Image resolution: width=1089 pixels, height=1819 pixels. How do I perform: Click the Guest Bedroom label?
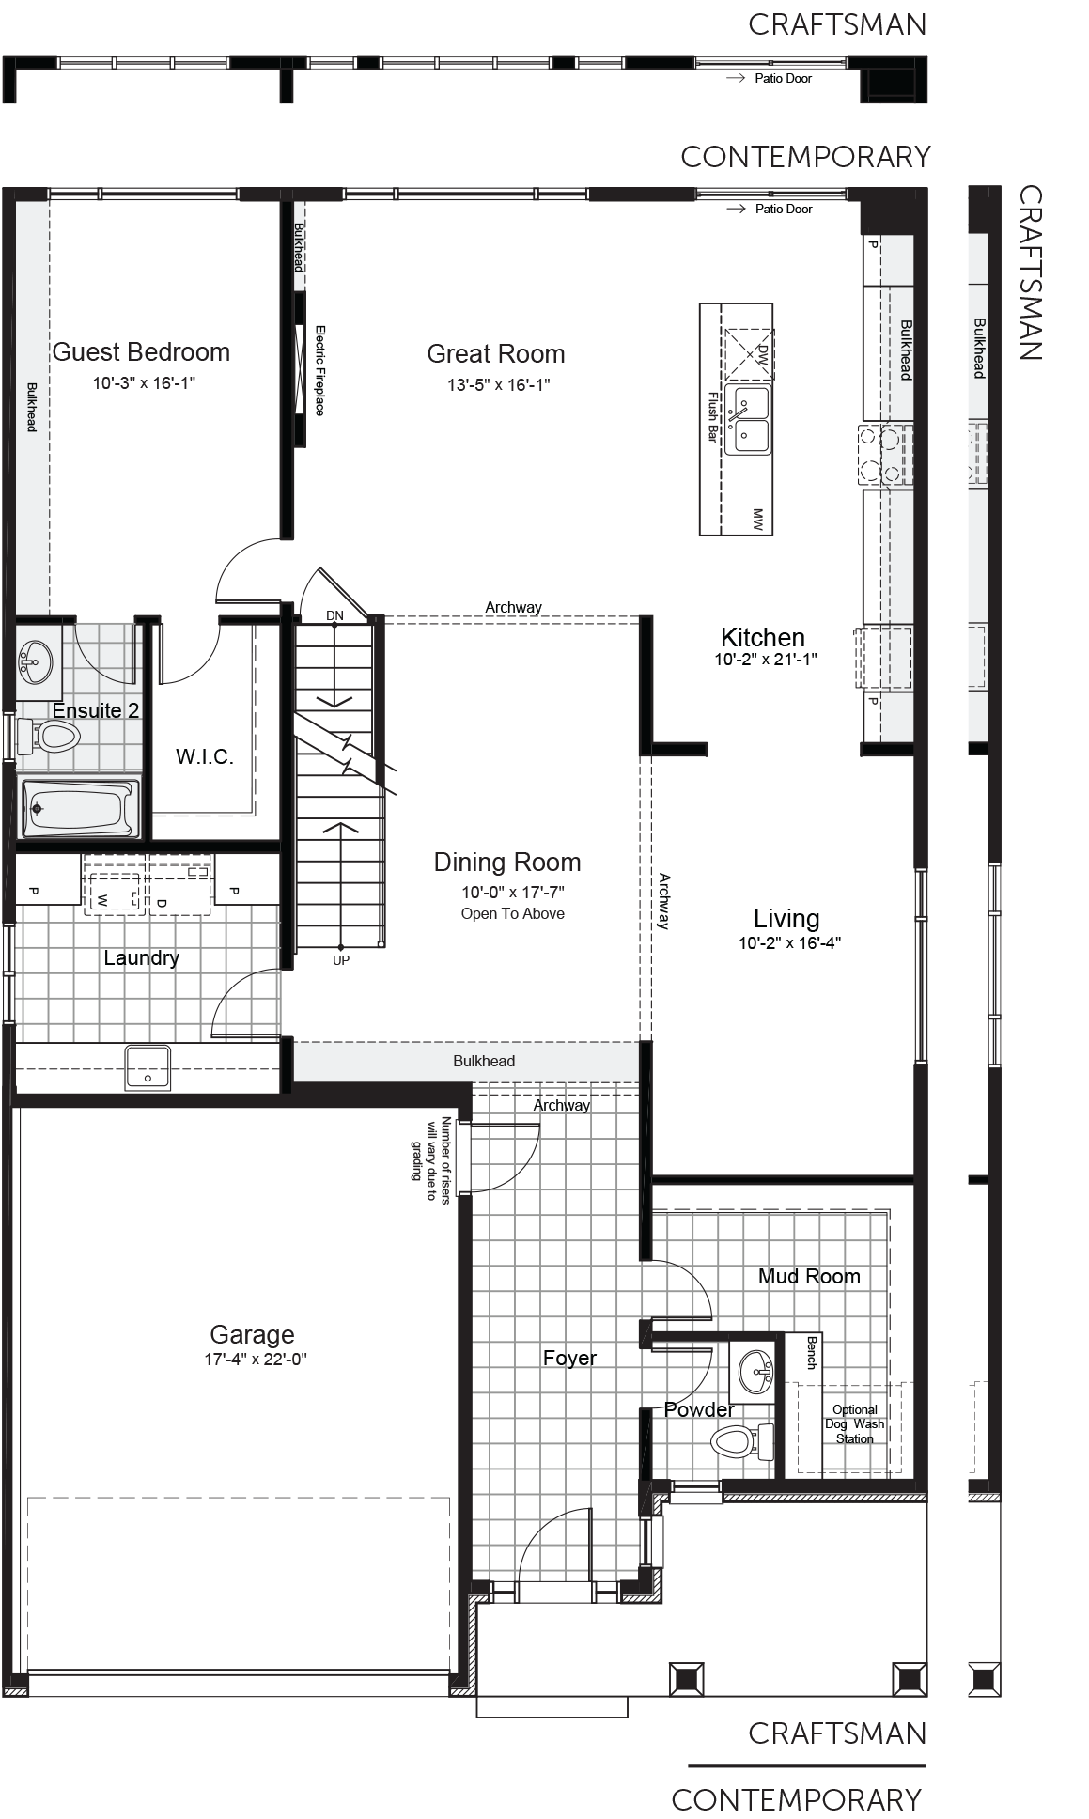[141, 352]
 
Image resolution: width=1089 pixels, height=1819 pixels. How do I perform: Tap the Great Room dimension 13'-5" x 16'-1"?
[498, 384]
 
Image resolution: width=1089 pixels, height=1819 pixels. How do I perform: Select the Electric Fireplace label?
[319, 370]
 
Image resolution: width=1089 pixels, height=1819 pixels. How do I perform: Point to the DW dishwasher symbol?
[749, 353]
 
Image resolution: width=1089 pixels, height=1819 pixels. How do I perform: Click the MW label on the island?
[757, 518]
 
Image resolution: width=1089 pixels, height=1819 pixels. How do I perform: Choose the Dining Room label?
[507, 863]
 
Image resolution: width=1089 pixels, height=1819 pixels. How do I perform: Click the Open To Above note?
[513, 913]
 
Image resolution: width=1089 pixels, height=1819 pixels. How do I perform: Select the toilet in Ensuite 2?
[48, 736]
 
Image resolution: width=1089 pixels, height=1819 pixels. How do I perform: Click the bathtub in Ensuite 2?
[80, 807]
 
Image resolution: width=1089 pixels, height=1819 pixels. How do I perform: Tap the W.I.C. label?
[204, 756]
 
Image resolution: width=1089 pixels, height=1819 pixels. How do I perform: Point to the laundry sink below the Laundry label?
[148, 1066]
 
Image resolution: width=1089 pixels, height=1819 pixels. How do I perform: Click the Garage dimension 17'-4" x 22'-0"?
[256, 1360]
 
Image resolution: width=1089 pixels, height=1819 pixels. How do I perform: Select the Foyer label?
[569, 1358]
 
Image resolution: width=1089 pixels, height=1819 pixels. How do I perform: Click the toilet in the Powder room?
[740, 1440]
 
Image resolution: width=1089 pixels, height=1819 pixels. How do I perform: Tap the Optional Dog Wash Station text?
[855, 1424]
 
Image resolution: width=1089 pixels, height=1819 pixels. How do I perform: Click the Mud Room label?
[809, 1276]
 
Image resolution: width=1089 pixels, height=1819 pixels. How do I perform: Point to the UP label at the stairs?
[341, 960]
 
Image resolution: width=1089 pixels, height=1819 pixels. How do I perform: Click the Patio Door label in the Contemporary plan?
[784, 209]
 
